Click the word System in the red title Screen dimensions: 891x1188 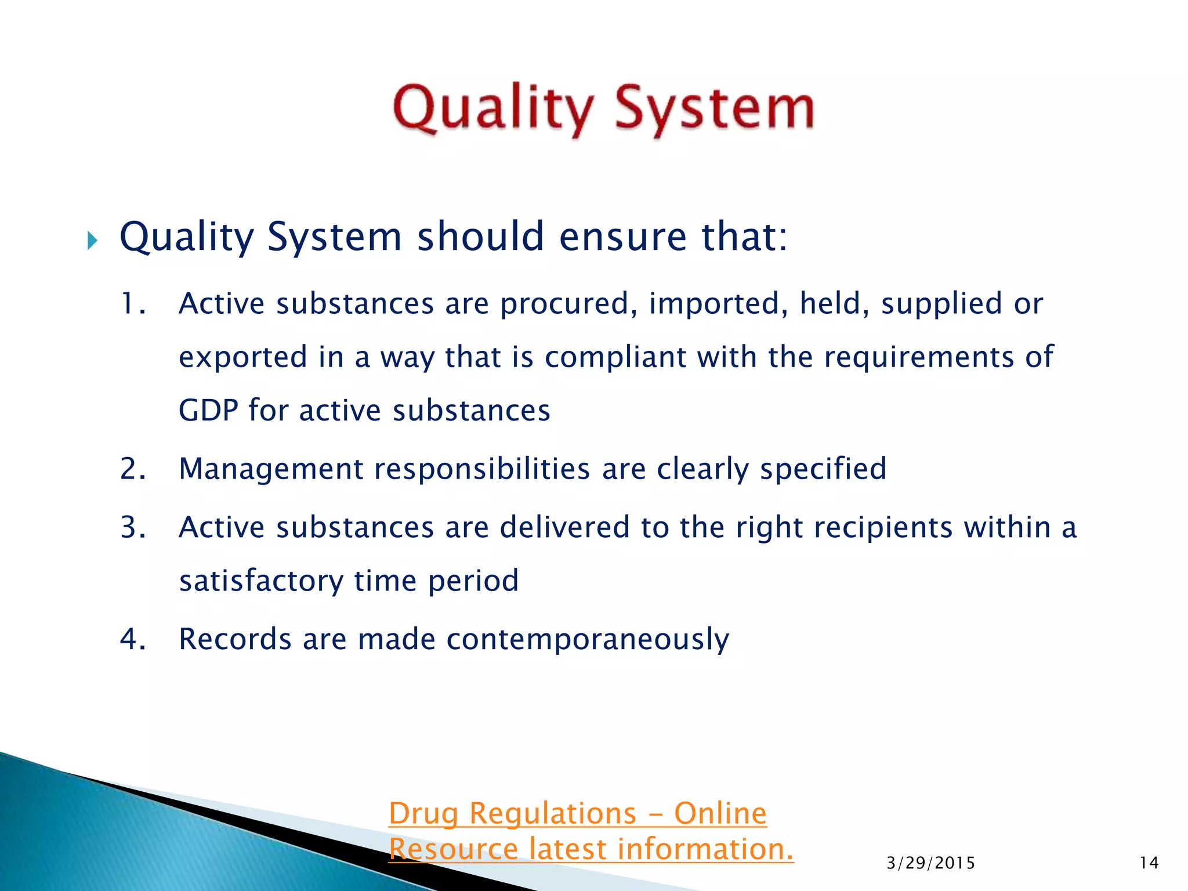[715, 109]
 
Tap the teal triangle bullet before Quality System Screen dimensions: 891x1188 [92, 240]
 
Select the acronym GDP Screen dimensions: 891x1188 [208, 411]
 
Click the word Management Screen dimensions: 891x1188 [270, 469]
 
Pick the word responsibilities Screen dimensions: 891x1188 [482, 469]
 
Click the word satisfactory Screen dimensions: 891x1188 [261, 581]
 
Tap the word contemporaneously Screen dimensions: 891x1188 [587, 639]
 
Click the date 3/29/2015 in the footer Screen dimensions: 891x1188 [930, 863]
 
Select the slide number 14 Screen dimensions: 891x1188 [1149, 863]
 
